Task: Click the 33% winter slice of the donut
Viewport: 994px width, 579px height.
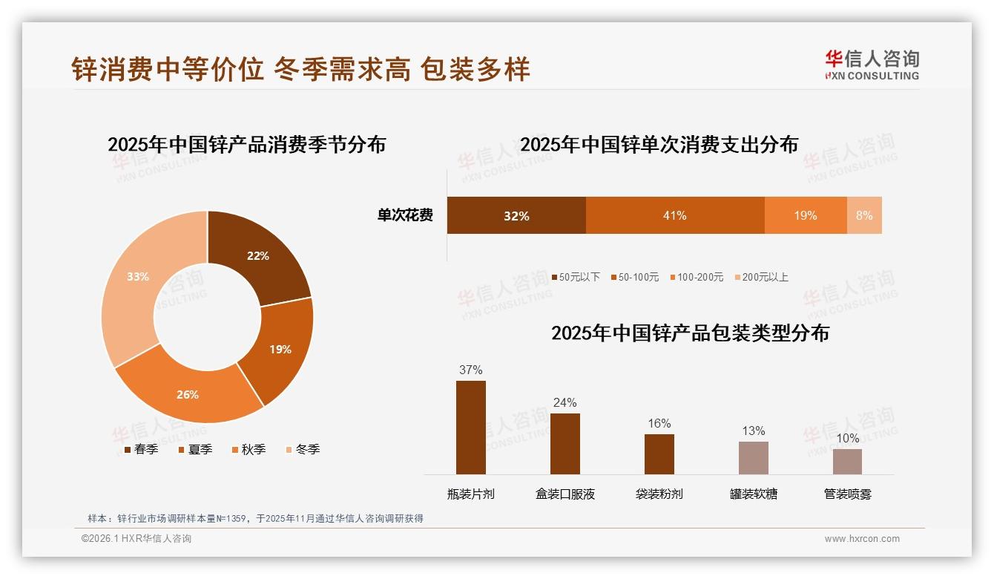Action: pos(134,286)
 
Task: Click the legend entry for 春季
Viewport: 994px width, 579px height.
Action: pos(140,449)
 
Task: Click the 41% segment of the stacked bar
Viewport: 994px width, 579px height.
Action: pos(674,215)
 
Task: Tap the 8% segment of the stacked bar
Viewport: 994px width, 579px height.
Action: pos(864,215)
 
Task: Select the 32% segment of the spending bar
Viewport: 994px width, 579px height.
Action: pos(516,215)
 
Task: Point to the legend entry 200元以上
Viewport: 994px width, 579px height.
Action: pos(761,277)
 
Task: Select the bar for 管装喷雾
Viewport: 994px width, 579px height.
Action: pos(847,461)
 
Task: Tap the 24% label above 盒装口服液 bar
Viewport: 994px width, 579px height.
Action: pos(565,402)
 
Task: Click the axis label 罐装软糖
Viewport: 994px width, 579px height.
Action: pos(753,494)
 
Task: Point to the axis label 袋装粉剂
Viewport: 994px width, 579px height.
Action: pos(659,494)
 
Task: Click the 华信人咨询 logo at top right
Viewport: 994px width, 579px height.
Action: pos(872,65)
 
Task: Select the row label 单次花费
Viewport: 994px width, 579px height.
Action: pos(405,215)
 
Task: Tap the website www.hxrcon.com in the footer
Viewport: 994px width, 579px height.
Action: pos(862,539)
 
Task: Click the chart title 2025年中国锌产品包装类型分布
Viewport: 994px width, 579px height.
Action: pos(690,333)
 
